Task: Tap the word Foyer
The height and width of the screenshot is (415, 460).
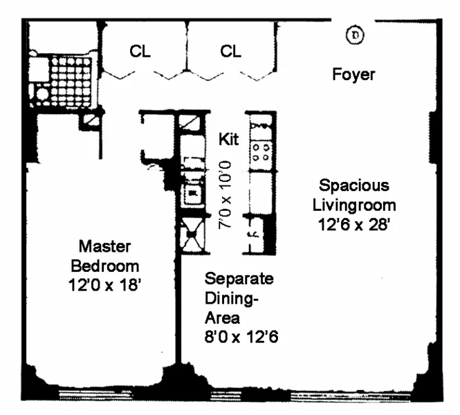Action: point(353,74)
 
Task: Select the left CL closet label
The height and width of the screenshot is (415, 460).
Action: point(140,52)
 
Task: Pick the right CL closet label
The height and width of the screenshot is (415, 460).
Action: point(231,52)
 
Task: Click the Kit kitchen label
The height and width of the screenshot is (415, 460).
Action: point(228,139)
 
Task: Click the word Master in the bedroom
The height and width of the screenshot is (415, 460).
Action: point(104,246)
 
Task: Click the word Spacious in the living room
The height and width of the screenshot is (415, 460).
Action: point(353,185)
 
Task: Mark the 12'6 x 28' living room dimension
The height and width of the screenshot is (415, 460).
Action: point(353,224)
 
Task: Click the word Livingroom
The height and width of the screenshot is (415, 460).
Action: point(353,205)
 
